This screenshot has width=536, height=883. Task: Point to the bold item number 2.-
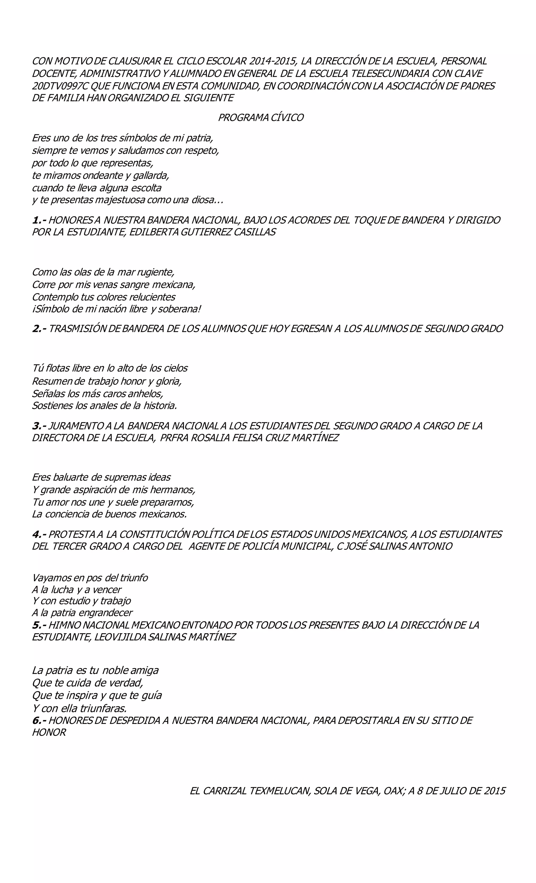(x=39, y=329)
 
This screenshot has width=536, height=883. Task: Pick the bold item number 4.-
(x=39, y=534)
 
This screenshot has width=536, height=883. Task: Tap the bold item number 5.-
(x=39, y=625)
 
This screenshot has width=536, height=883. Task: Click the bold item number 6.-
(x=39, y=720)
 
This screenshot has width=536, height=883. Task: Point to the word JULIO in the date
(x=450, y=791)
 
